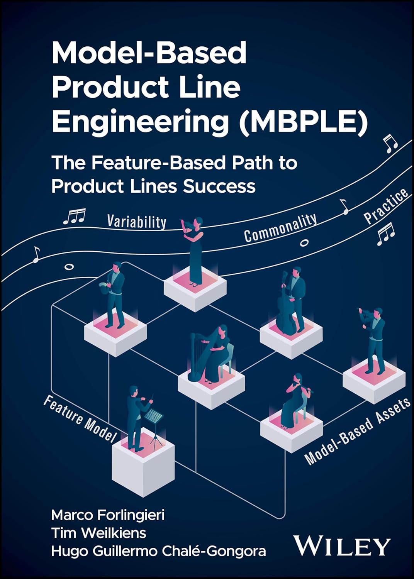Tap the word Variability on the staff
[x=137, y=222]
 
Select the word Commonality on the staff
[x=280, y=228]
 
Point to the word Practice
[x=386, y=206]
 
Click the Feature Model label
[x=80, y=419]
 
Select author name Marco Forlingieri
[x=108, y=515]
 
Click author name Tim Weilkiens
[x=99, y=533]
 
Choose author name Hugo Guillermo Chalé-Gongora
[x=158, y=551]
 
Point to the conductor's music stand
[x=153, y=417]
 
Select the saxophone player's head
[x=116, y=267]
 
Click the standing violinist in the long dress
[x=195, y=251]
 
